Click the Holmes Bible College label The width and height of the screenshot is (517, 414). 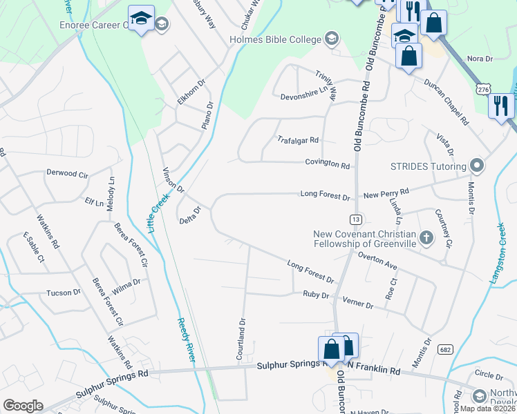276,39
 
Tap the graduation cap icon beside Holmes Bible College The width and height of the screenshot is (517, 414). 332,39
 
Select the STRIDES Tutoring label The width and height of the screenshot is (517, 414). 429,166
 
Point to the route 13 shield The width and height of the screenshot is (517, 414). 356,219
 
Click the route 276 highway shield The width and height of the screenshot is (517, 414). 483,89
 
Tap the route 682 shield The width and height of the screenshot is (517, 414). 445,350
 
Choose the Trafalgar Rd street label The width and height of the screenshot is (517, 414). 298,139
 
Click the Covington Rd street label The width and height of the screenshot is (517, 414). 328,165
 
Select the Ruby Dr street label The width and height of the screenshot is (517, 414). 315,295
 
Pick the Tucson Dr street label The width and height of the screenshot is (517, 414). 63,293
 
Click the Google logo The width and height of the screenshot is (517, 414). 23,406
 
